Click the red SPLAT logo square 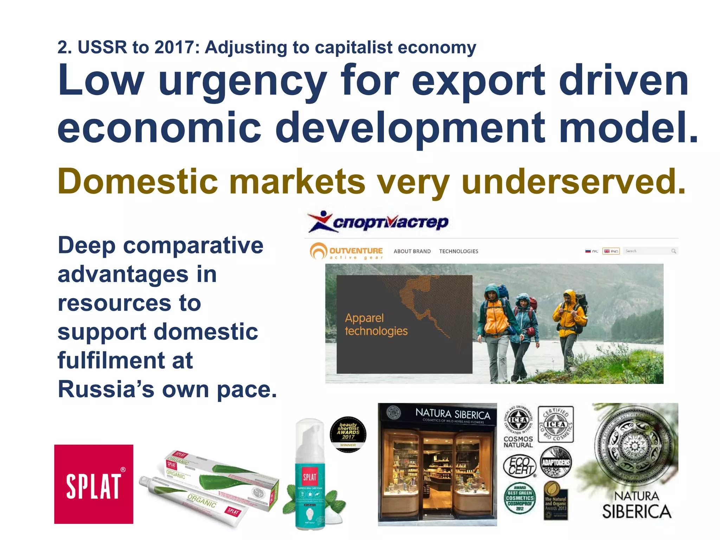coord(94,484)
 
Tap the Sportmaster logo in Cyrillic coord(378,222)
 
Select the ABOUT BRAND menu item coord(412,251)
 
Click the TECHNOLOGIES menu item coord(458,251)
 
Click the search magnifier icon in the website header coord(673,251)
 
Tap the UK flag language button coord(611,251)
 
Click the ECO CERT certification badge coord(519,466)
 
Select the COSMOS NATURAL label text coord(518,442)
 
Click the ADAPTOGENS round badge coord(555,462)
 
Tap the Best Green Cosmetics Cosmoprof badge coord(520,498)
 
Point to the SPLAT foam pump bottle coord(310,475)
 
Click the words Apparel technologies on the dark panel coord(376,324)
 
